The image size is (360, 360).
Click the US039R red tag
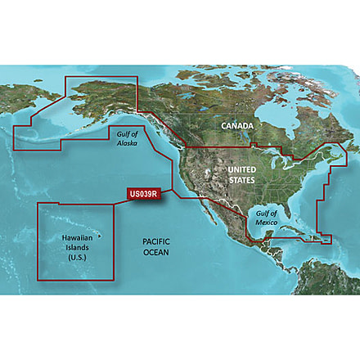point(143,195)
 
